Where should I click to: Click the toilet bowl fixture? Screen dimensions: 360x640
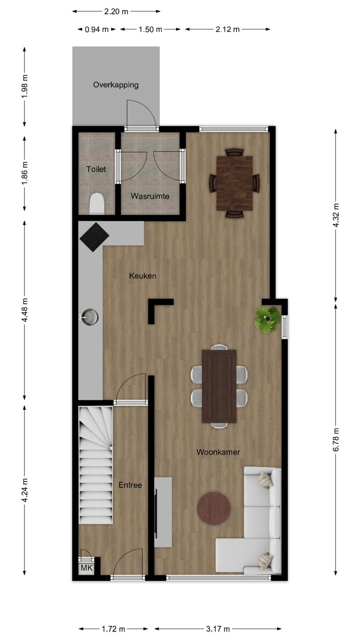pyautogui.click(x=96, y=204)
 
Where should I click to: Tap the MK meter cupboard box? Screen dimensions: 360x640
pyautogui.click(x=86, y=568)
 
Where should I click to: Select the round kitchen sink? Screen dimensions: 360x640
pyautogui.click(x=90, y=317)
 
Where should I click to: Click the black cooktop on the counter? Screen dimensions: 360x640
pyautogui.click(x=94, y=237)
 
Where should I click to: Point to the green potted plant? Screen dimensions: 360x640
pyautogui.click(x=268, y=320)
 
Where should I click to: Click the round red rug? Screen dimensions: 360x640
pyautogui.click(x=214, y=508)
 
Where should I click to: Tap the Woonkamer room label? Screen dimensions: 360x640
pyautogui.click(x=218, y=452)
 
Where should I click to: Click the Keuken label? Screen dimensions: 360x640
pyautogui.click(x=142, y=276)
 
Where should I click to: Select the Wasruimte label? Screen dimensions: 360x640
pyautogui.click(x=150, y=196)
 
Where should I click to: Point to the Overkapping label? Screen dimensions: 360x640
pyautogui.click(x=116, y=85)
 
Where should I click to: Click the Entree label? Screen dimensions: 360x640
pyautogui.click(x=130, y=485)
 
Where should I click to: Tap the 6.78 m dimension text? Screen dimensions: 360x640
pyautogui.click(x=336, y=440)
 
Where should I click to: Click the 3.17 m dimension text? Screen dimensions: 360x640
pyautogui.click(x=218, y=629)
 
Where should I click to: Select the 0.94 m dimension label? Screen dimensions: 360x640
pyautogui.click(x=96, y=29)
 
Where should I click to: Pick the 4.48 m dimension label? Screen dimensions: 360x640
pyautogui.click(x=25, y=310)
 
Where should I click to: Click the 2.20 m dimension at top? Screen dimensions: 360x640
pyautogui.click(x=116, y=12)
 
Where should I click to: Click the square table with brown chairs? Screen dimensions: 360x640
pyautogui.click(x=234, y=183)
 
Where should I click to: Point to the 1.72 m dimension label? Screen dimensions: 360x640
pyautogui.click(x=114, y=629)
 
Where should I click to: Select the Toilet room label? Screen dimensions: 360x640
pyautogui.click(x=96, y=169)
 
